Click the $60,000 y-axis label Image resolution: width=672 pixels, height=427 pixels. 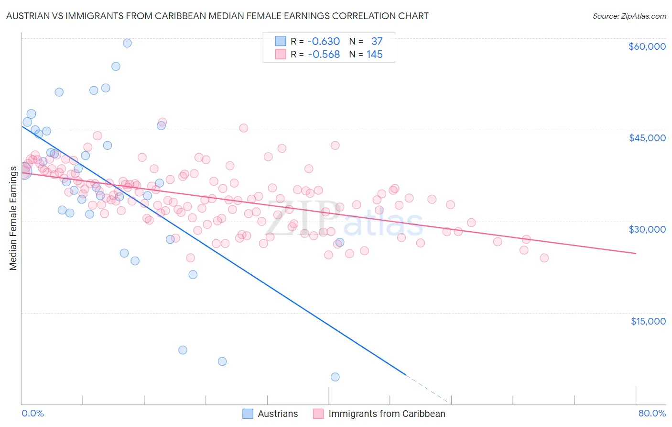pyautogui.click(x=647, y=46)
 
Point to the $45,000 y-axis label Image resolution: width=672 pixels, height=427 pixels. pyautogui.click(x=647, y=138)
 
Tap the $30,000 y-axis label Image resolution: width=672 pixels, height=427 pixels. pyautogui.click(x=647, y=229)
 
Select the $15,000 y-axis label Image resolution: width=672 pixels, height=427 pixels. pyautogui.click(x=648, y=321)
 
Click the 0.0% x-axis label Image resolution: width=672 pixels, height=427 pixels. pyautogui.click(x=33, y=413)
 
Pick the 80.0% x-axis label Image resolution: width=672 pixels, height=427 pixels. pyautogui.click(x=652, y=413)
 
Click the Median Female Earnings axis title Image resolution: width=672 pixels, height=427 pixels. pyautogui.click(x=13, y=218)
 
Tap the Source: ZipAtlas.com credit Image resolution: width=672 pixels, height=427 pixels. pyautogui.click(x=629, y=16)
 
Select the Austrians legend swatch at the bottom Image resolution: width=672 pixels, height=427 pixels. pyautogui.click(x=248, y=414)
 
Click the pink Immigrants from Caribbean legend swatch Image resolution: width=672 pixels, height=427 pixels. pyautogui.click(x=318, y=414)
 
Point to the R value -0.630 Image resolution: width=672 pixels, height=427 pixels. pyautogui.click(x=324, y=42)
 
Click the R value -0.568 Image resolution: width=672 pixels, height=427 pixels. pyautogui.click(x=324, y=55)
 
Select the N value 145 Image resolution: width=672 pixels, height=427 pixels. pyautogui.click(x=375, y=55)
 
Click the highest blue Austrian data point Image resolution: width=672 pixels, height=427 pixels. pyautogui.click(x=127, y=43)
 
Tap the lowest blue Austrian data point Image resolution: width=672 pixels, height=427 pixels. pyautogui.click(x=335, y=377)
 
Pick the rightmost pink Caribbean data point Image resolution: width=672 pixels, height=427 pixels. pyautogui.click(x=544, y=258)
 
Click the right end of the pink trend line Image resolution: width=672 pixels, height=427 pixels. pyautogui.click(x=636, y=253)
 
